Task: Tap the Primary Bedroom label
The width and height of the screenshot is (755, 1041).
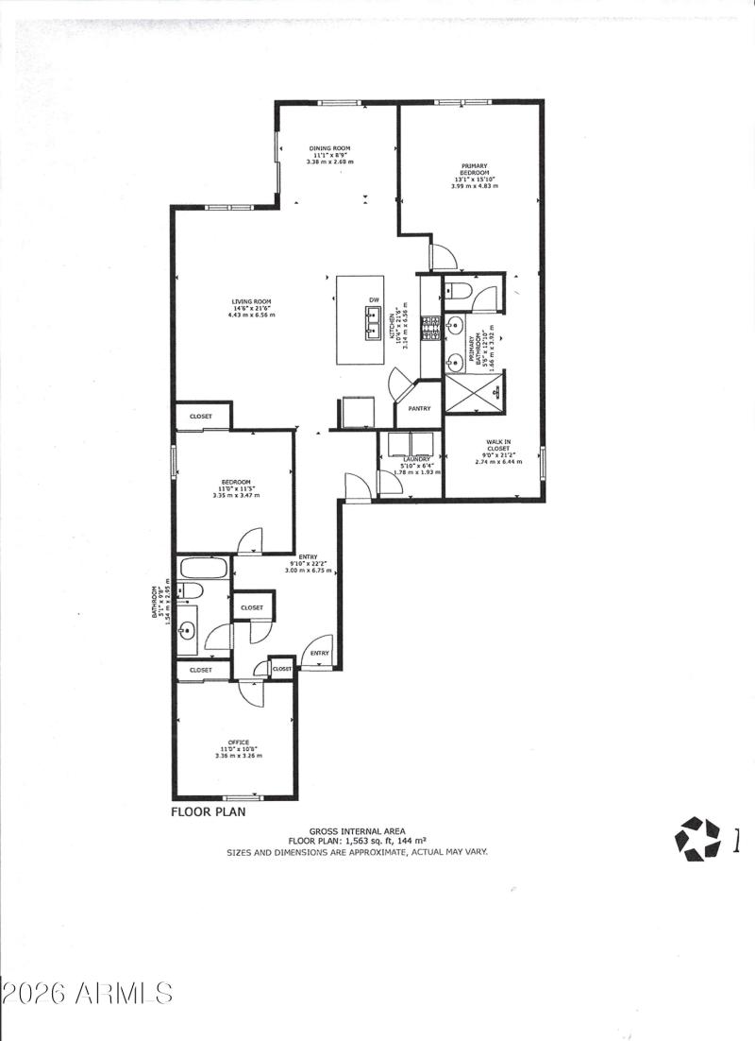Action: coord(474,170)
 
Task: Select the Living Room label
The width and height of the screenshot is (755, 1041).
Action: coord(252,302)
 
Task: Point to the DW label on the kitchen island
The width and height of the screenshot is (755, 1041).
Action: coord(374,299)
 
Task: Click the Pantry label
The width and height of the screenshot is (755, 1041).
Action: coord(419,409)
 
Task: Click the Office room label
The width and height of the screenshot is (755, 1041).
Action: coord(237,742)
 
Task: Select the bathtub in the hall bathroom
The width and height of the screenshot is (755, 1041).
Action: coord(204,570)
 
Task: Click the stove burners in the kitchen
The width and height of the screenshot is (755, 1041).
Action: coord(431,327)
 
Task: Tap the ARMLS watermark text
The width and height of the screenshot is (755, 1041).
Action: coord(88,993)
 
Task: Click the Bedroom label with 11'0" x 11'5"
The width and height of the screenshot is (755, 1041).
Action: coord(236,481)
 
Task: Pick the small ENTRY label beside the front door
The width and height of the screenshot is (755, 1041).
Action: coord(319,653)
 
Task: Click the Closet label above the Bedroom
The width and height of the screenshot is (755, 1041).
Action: coord(201,417)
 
